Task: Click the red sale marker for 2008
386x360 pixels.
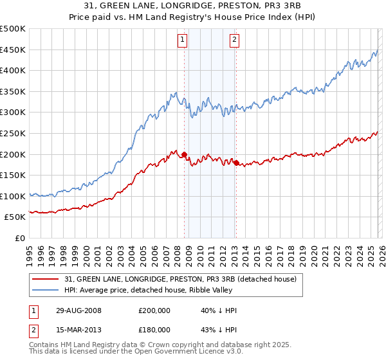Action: tap(185, 154)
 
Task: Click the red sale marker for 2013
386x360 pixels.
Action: tap(236, 163)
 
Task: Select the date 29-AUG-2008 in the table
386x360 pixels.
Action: tap(78, 310)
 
